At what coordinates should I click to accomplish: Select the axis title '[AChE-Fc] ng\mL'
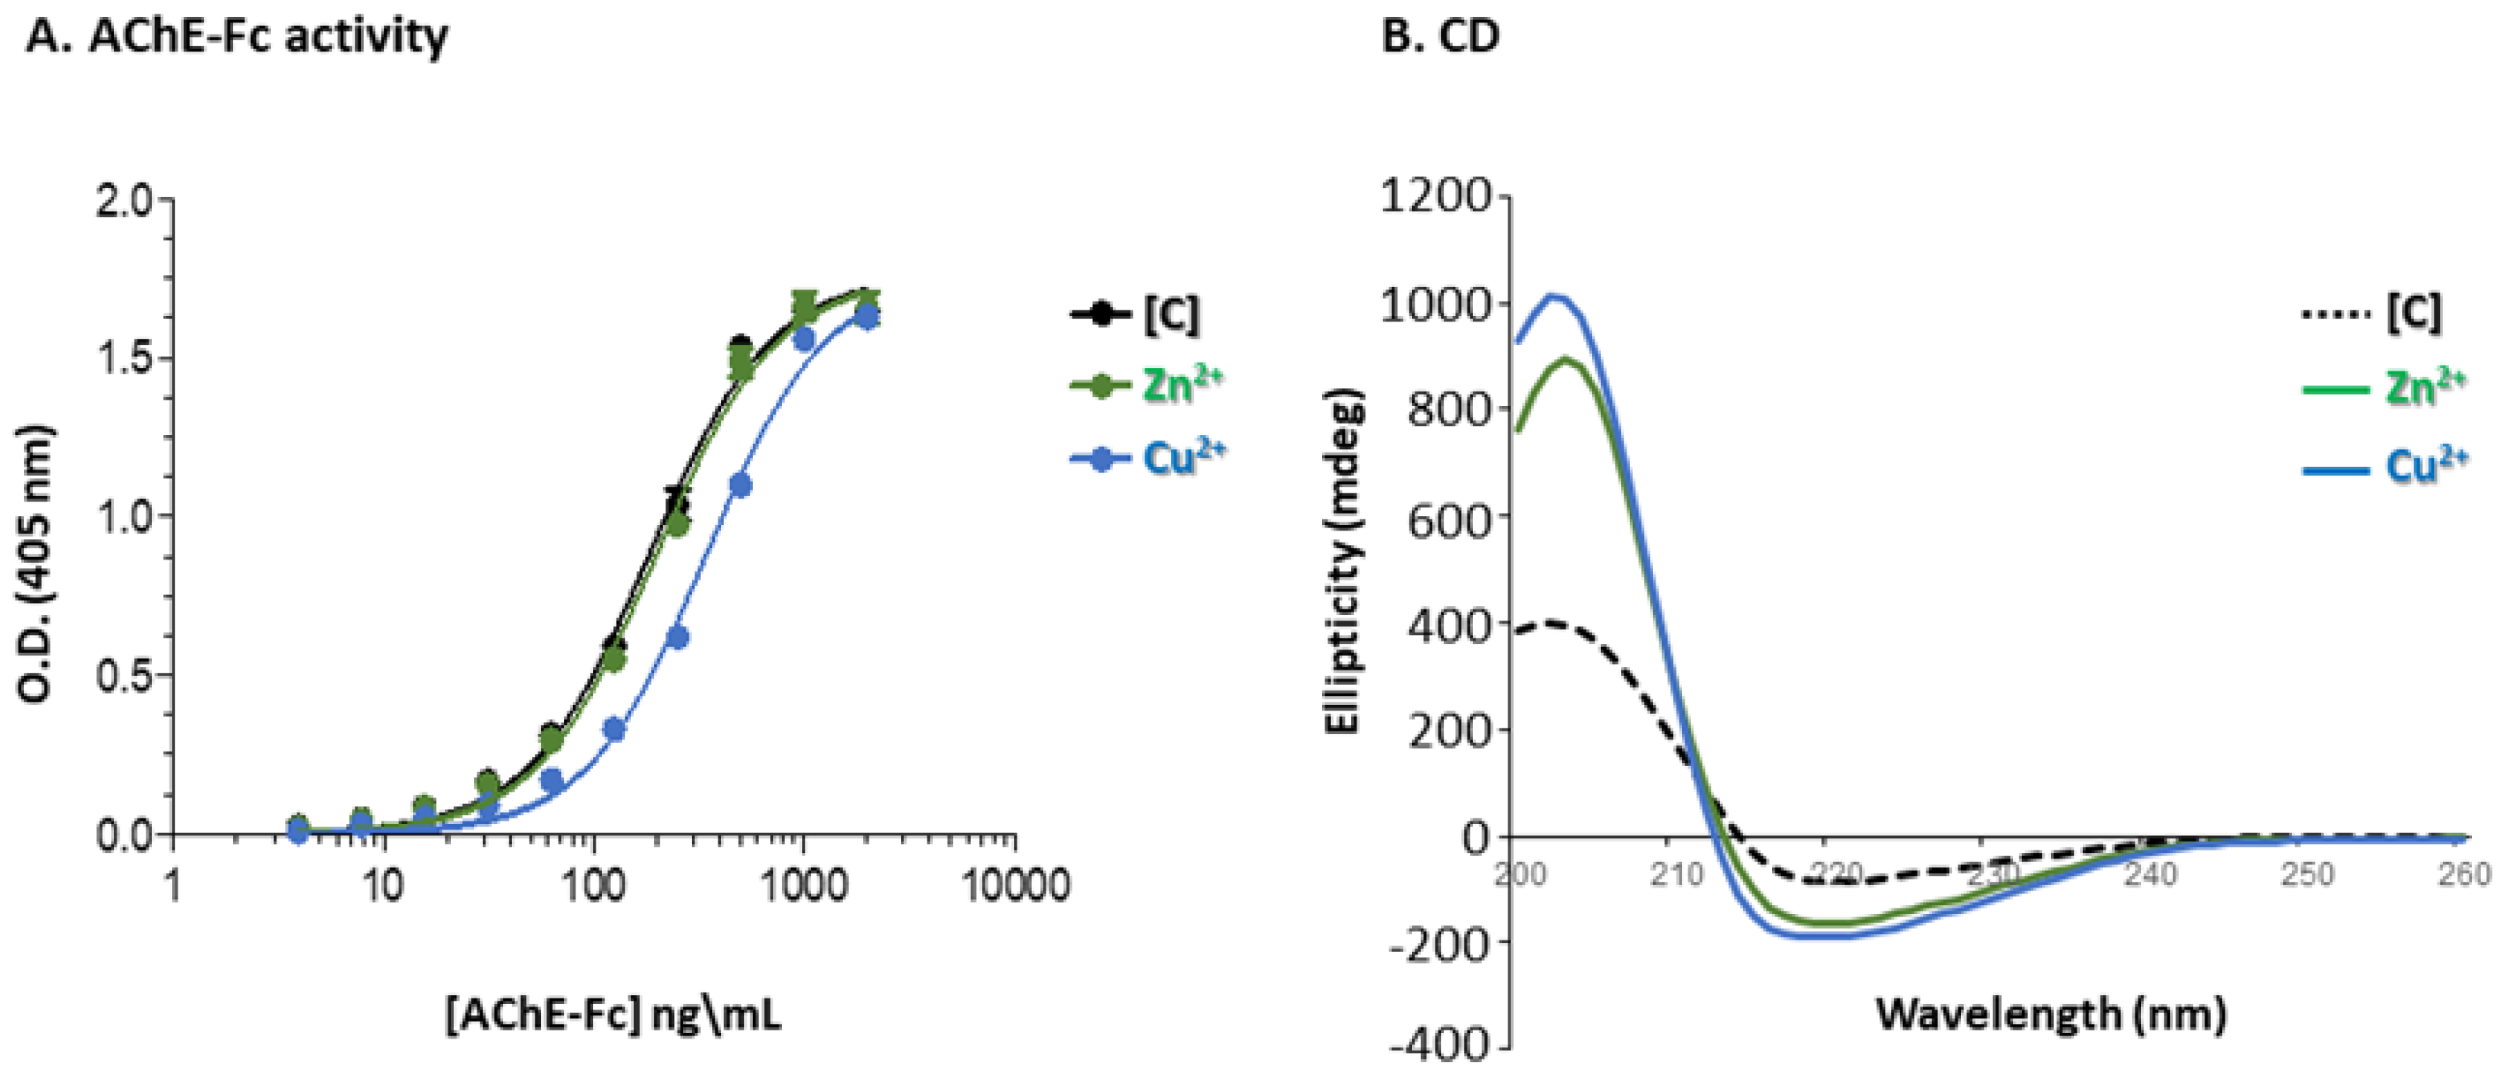coord(614,1017)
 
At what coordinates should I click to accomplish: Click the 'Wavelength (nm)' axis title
coord(2050,1014)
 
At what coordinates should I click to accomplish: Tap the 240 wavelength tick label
coord(2149,875)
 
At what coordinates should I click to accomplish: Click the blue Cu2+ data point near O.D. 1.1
coord(740,485)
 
